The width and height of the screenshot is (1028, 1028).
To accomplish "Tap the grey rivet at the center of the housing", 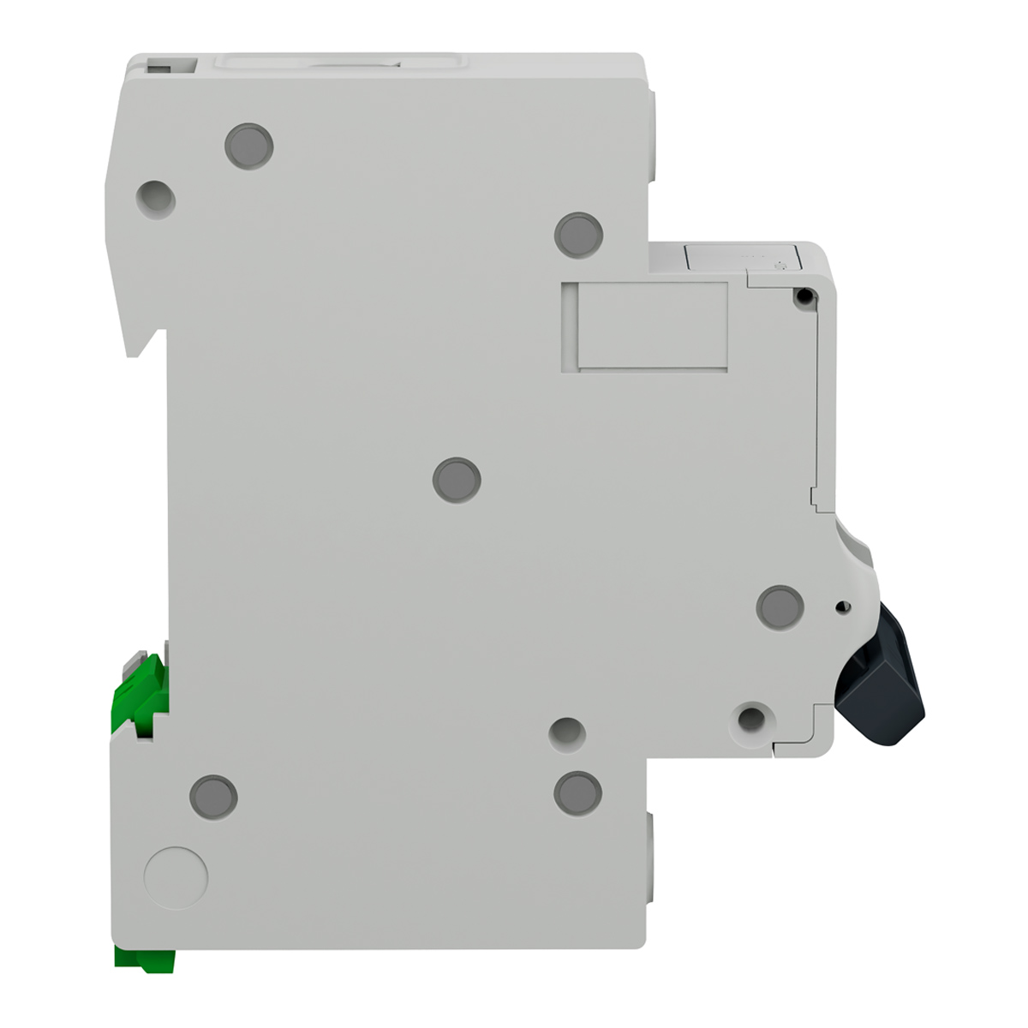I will (457, 480).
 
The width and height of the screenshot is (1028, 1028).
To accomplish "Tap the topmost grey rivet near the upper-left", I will (249, 146).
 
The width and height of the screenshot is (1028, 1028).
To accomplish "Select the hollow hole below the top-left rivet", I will (156, 199).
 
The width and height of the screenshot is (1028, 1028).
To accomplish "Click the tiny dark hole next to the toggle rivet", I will (840, 608).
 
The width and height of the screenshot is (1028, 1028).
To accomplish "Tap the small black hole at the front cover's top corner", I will (804, 296).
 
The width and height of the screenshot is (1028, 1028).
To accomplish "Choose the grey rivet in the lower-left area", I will (213, 797).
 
